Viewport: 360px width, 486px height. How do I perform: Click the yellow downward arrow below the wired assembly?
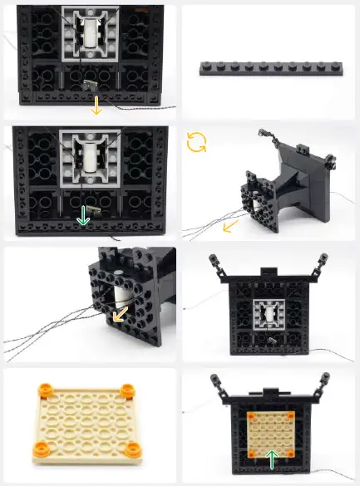click(96, 105)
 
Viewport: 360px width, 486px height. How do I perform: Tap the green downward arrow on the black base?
click(83, 216)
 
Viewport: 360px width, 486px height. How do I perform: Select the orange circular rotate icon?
click(197, 142)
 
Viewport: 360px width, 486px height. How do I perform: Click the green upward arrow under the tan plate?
click(272, 459)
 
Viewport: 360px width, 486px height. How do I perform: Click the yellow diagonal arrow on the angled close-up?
click(121, 315)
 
